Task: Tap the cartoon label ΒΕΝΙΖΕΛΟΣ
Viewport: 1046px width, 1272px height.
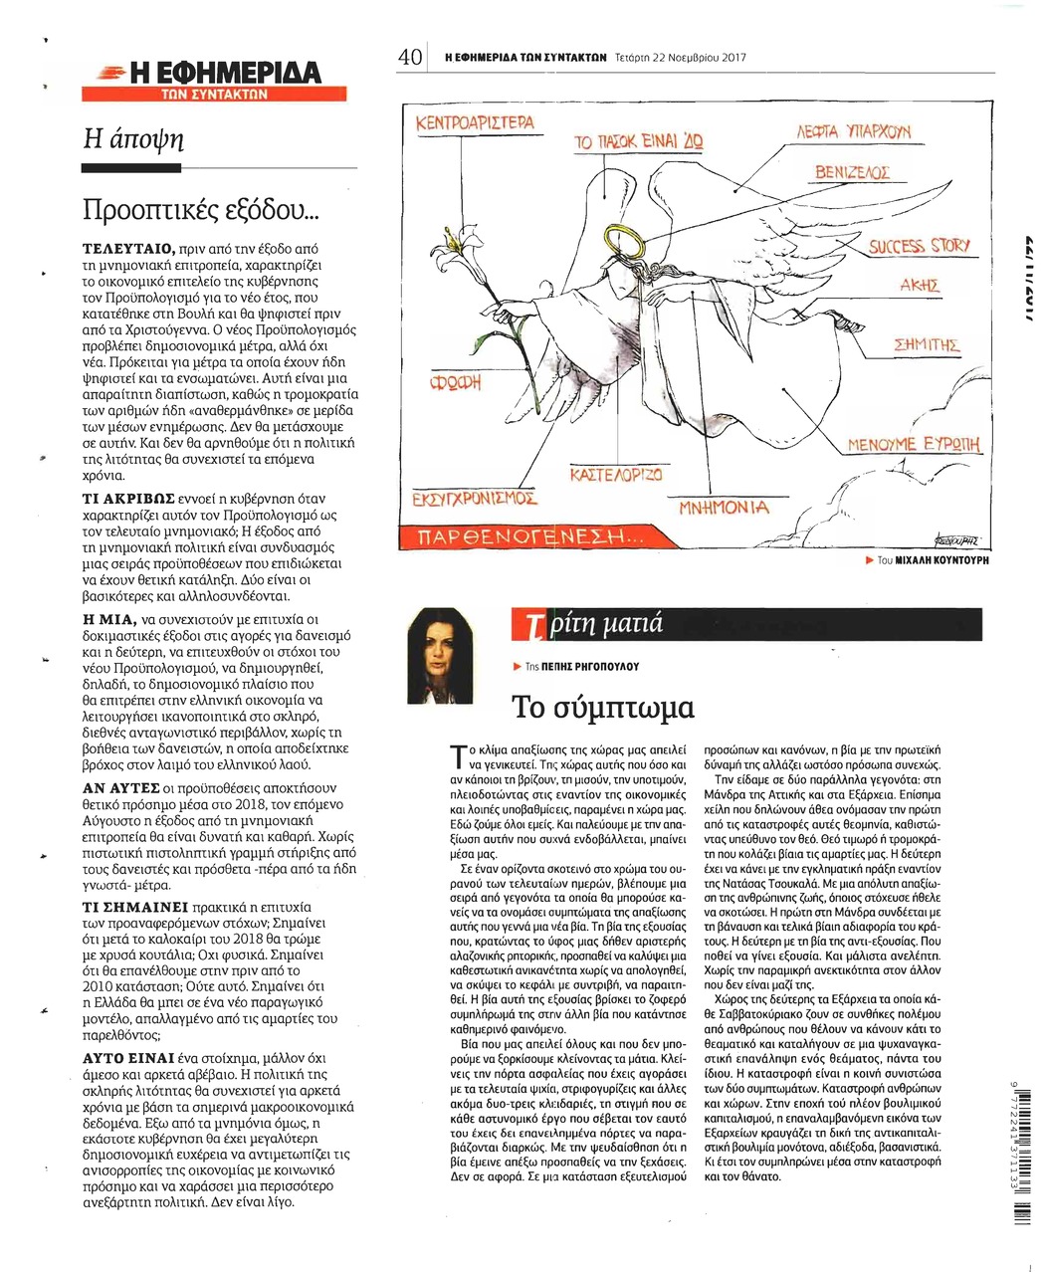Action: point(852,173)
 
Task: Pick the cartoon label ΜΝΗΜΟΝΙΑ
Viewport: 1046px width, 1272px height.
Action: point(724,507)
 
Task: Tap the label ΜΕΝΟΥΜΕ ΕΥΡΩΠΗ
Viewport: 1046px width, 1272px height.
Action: point(914,444)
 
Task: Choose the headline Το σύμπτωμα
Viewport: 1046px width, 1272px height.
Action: point(602,707)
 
